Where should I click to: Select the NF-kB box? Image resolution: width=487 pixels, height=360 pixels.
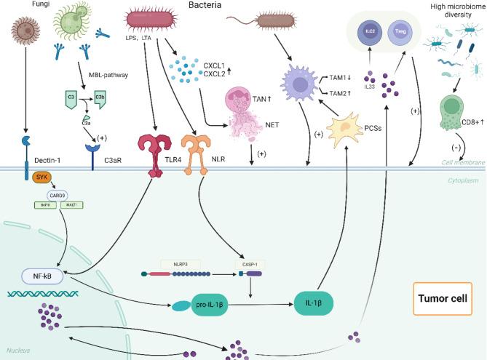tap(42, 277)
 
